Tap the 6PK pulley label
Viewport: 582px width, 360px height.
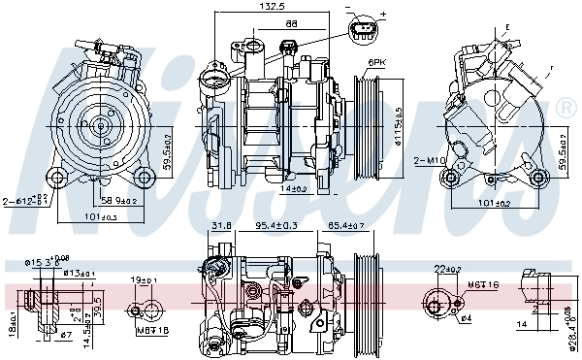click(375, 64)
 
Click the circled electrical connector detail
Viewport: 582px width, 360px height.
click(363, 28)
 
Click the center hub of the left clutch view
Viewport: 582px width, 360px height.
click(100, 124)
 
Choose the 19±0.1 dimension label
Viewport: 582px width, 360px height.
click(145, 281)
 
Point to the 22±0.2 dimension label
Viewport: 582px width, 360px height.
click(445, 269)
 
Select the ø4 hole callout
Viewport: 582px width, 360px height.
click(467, 317)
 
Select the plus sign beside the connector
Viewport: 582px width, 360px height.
click(382, 15)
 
